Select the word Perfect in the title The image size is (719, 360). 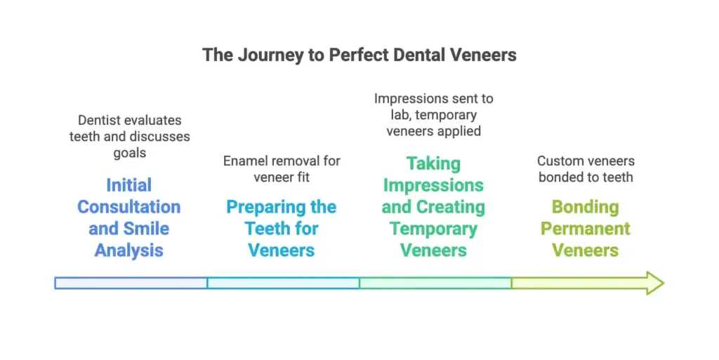(357, 55)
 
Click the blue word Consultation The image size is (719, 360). (129, 207)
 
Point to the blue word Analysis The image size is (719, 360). (129, 251)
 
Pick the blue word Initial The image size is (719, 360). (129, 185)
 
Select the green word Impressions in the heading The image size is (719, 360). (433, 185)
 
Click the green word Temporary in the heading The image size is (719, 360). (433, 229)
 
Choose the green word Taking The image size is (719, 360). (433, 164)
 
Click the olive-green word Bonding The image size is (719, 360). (585, 208)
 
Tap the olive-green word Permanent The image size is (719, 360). (585, 229)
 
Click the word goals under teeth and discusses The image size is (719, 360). (130, 153)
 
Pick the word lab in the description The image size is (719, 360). (400, 115)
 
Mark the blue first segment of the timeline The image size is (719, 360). (131, 283)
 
